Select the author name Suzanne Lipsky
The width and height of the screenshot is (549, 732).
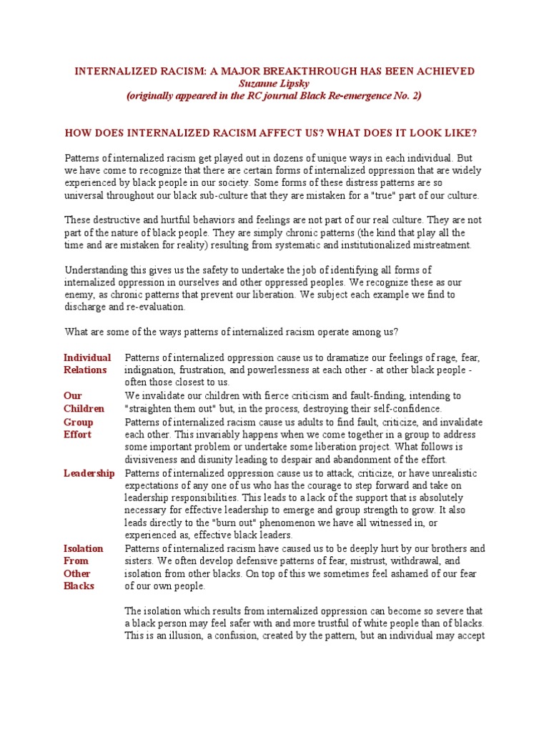[274, 84]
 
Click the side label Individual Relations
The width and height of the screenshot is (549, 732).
[86, 364]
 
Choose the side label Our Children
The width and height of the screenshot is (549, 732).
[84, 402]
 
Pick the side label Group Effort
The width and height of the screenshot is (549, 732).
[78, 427]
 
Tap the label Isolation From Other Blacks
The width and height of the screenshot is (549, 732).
[84, 567]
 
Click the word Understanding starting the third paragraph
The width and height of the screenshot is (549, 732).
[97, 269]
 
